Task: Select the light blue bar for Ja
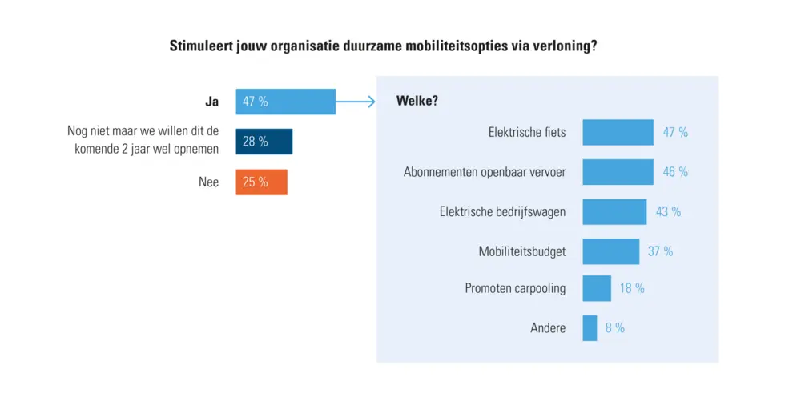click(x=285, y=102)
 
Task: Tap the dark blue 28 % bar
click(x=264, y=142)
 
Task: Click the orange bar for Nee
click(x=261, y=182)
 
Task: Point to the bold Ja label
click(x=212, y=102)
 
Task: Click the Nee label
click(x=208, y=182)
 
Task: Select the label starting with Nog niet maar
click(x=143, y=142)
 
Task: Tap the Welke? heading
click(x=417, y=101)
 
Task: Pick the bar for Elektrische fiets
click(x=618, y=132)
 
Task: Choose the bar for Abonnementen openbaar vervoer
click(x=617, y=172)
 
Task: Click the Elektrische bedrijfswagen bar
click(x=614, y=212)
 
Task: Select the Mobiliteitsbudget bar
click(x=610, y=251)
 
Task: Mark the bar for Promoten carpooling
click(x=596, y=288)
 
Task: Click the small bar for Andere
click(x=590, y=328)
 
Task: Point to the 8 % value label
click(x=614, y=328)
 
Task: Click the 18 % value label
click(x=631, y=288)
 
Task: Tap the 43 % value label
click(x=668, y=212)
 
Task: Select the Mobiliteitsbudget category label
click(x=521, y=251)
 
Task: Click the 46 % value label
click(x=675, y=172)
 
